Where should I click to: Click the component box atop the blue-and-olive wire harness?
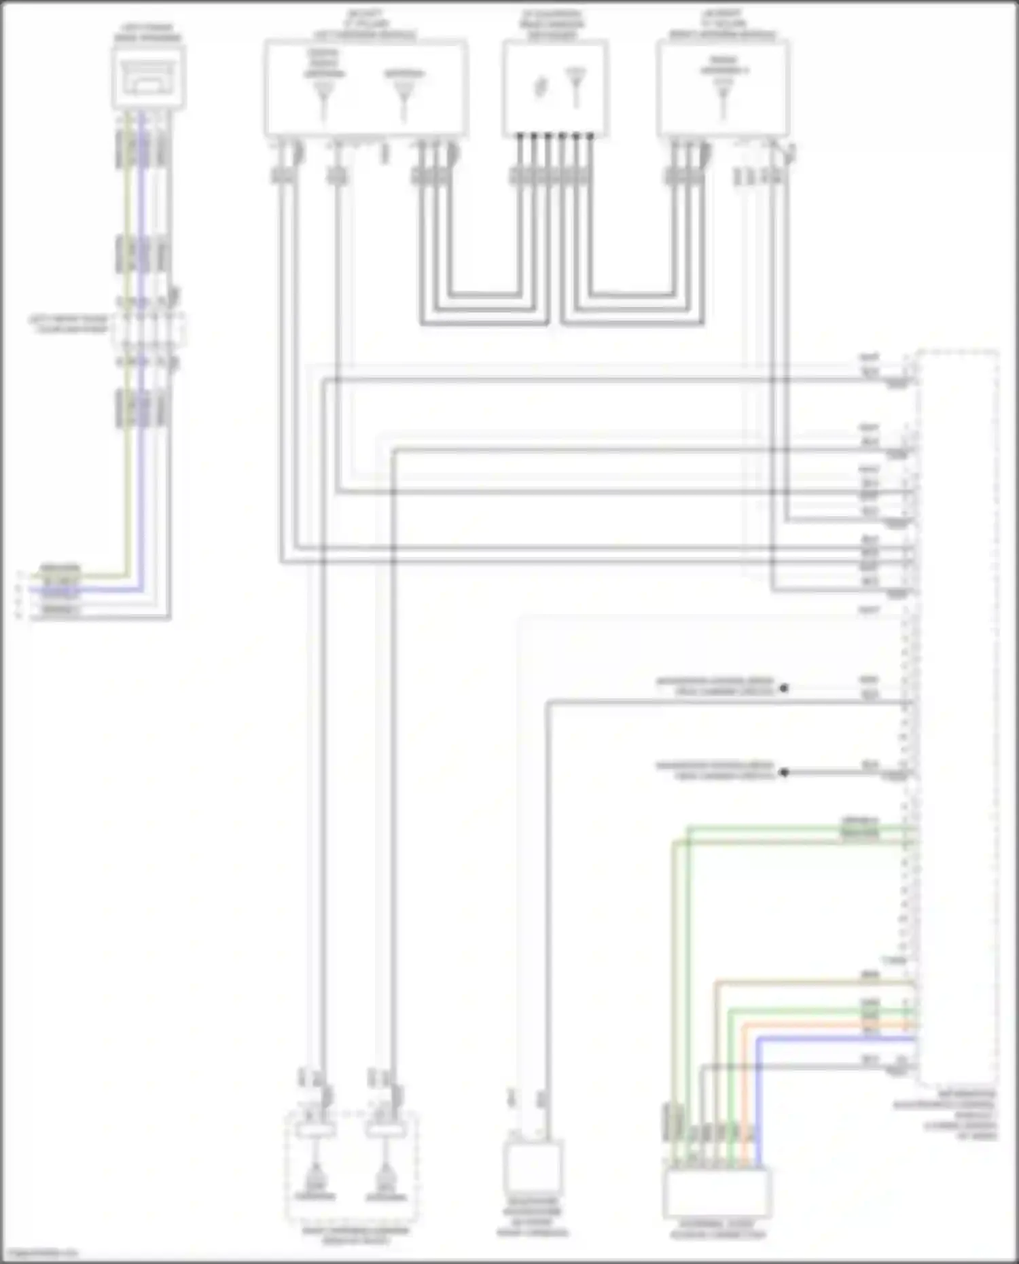(x=148, y=76)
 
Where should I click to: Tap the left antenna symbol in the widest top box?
(x=323, y=95)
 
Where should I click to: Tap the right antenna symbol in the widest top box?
(x=404, y=95)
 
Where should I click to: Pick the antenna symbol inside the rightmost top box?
(x=723, y=94)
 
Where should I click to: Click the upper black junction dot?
(x=784, y=688)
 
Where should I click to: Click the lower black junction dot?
(x=784, y=772)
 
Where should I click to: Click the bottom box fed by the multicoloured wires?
(x=717, y=1193)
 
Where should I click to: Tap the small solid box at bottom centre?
(x=533, y=1167)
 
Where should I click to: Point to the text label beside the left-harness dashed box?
(x=68, y=324)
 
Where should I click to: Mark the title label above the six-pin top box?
(x=552, y=24)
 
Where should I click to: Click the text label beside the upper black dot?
(x=715, y=686)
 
